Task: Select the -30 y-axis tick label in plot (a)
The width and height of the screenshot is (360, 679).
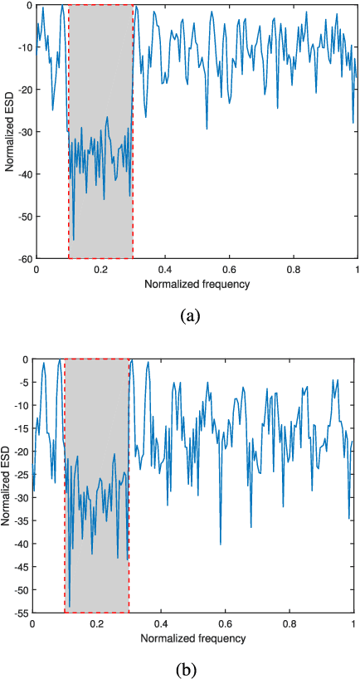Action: coord(24,132)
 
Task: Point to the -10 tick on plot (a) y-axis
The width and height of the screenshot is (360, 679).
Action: coord(24,47)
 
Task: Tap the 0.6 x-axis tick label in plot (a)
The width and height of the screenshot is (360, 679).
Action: coord(229,271)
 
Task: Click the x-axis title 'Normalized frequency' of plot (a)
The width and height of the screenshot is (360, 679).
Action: coord(197,284)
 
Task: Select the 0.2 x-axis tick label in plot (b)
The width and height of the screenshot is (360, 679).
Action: coord(96,625)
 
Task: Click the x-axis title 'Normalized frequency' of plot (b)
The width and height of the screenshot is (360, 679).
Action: coord(192,638)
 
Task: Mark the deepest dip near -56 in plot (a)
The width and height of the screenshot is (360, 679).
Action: coord(73,239)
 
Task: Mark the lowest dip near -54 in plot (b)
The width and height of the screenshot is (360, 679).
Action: coord(70,606)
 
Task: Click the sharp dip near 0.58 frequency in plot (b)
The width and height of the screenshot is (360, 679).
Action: coord(220,544)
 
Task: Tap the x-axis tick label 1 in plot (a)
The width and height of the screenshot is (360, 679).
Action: coord(357,271)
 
